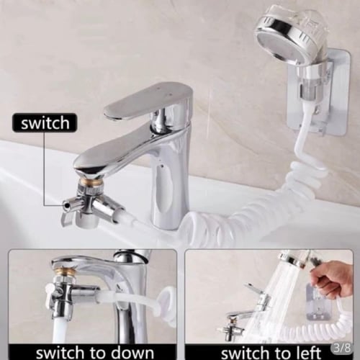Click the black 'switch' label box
[45, 123]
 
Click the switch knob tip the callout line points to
[64, 204]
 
